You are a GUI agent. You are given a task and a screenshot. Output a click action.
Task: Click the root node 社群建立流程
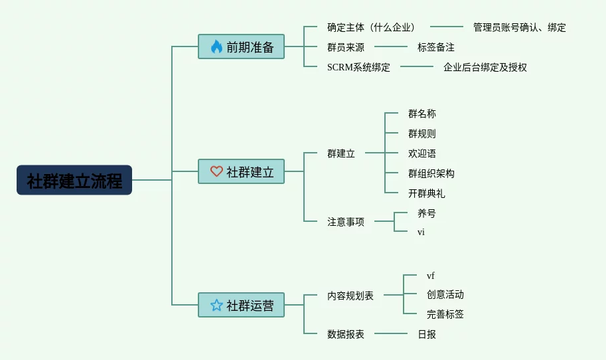[x=74, y=180]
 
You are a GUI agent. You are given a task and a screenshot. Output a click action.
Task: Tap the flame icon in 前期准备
[x=216, y=46]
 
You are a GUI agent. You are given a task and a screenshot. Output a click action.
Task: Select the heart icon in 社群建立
[x=216, y=171]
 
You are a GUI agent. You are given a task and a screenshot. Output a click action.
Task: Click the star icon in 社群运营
[x=216, y=305]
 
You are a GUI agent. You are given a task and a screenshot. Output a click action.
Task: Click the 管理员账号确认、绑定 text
[x=519, y=27]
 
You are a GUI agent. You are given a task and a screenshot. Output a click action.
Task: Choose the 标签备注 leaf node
[x=435, y=47]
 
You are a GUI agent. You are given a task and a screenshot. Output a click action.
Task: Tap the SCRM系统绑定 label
[x=358, y=67]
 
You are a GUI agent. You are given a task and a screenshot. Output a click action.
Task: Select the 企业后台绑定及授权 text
[x=485, y=67]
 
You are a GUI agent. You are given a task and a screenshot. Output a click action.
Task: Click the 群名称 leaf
[x=422, y=114]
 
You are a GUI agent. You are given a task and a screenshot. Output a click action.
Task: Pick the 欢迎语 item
[x=422, y=153]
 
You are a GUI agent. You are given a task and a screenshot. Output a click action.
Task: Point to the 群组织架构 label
[x=431, y=173]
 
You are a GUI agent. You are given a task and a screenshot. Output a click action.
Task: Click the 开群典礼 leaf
[x=427, y=193]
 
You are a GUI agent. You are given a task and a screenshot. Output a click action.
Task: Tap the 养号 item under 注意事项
[x=427, y=213]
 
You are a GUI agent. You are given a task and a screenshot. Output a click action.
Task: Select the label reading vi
[x=421, y=232]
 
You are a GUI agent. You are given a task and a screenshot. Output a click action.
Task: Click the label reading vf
[x=430, y=276]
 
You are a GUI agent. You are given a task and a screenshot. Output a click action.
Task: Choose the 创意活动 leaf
[x=445, y=294]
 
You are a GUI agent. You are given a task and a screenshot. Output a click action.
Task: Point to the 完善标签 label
[x=445, y=314]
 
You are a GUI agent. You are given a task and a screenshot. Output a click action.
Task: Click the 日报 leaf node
[x=427, y=334]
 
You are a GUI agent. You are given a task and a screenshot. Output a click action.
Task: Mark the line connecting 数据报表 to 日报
[x=391, y=334]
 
